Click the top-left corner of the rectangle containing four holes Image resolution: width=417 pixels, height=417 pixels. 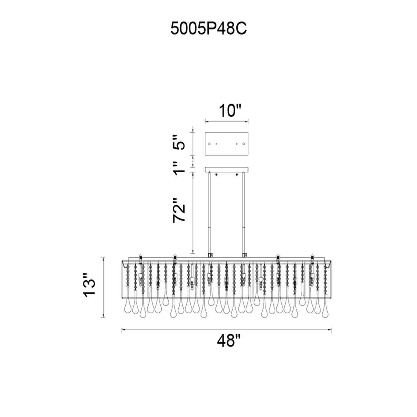[x=205, y=132]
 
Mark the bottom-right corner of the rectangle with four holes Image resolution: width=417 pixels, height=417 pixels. [x=248, y=155]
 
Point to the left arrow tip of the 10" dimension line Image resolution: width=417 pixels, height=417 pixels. [x=205, y=122]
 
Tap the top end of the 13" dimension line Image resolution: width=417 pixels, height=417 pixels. [x=103, y=257]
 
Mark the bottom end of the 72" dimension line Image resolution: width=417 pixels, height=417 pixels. [x=193, y=253]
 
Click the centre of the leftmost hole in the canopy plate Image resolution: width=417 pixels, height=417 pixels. [x=209, y=144]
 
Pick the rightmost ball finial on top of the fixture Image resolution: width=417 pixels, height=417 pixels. [x=312, y=256]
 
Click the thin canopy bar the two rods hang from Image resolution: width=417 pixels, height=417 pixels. [x=227, y=170]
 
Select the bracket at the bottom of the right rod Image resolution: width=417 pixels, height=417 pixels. [x=245, y=255]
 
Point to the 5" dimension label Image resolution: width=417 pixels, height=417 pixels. [x=179, y=142]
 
